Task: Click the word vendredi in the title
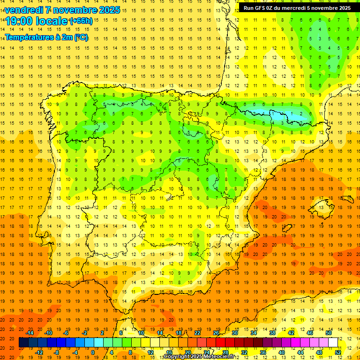pyautogui.click(x=25, y=10)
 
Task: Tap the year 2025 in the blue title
pyautogui.click(x=106, y=10)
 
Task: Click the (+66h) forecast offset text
pyautogui.click(x=81, y=21)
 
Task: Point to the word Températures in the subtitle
pyautogui.click(x=29, y=37)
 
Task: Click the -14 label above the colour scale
pyautogui.click(x=30, y=333)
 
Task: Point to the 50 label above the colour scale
pyautogui.click(x=329, y=333)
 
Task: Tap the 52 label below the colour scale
pyautogui.click(x=337, y=352)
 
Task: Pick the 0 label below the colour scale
pyautogui.click(x=93, y=352)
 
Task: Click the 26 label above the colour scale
pyautogui.click(x=216, y=333)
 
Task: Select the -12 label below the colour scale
pyautogui.click(x=39, y=352)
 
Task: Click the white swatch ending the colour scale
pyautogui.click(x=333, y=343)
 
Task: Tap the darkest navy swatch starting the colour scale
pyautogui.click(x=24, y=343)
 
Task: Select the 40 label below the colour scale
pyautogui.click(x=281, y=352)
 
